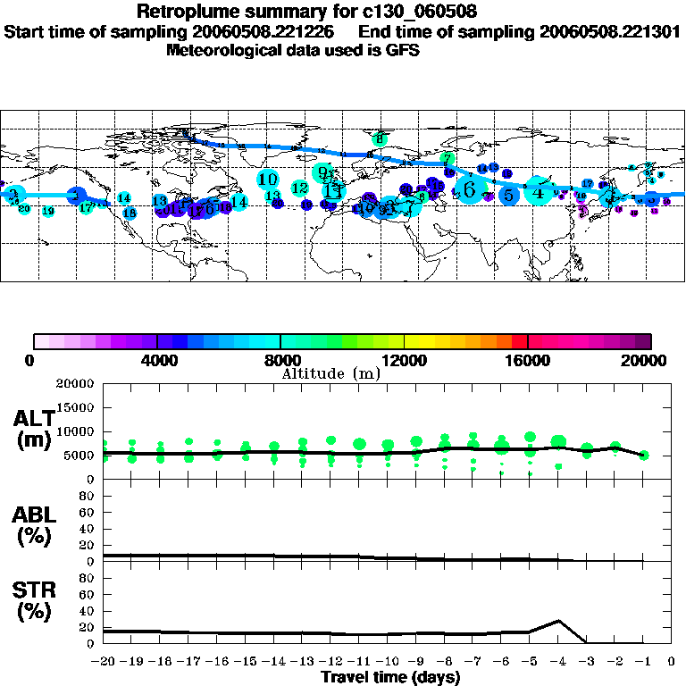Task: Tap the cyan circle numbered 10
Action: pos(267,180)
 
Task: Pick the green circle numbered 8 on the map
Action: pos(381,138)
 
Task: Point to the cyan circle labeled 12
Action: pos(300,188)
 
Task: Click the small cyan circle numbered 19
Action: pos(48,211)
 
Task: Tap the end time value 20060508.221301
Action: pos(608,31)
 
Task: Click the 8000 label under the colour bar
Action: pos(280,360)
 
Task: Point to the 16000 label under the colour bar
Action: pos(528,360)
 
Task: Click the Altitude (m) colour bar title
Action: pos(331,373)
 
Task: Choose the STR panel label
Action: pos(33,601)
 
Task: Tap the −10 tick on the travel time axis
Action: pos(387,662)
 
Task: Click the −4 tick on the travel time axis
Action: pos(559,662)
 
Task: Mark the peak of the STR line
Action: pos(558,620)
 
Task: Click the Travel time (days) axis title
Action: pos(390,677)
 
